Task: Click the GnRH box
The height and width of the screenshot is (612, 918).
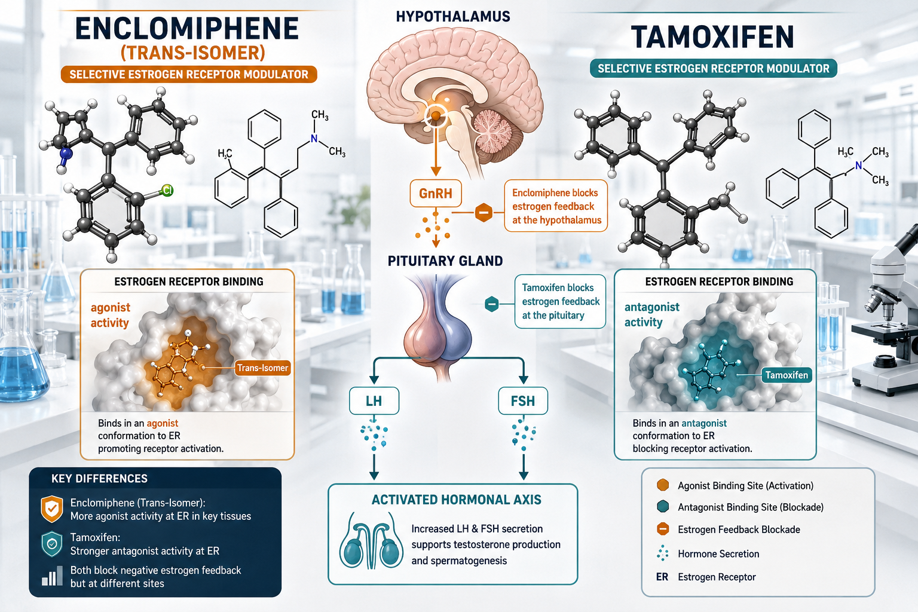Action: (x=436, y=193)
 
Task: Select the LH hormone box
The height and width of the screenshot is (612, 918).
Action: (x=374, y=400)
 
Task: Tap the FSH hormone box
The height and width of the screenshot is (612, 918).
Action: (x=523, y=400)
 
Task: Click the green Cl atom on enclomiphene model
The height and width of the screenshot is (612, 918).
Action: (x=167, y=190)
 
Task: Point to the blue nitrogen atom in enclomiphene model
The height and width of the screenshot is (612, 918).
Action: (x=66, y=154)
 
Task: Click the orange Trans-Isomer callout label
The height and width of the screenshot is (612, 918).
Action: (x=263, y=368)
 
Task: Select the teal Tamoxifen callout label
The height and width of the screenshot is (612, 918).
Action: (x=787, y=375)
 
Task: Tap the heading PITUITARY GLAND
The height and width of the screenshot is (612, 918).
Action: (x=445, y=261)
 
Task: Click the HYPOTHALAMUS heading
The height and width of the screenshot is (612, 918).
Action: (x=453, y=16)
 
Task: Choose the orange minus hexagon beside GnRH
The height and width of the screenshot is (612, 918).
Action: (x=484, y=213)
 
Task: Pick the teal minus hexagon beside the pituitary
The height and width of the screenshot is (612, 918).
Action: (x=492, y=304)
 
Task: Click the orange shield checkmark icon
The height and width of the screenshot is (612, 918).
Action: (x=51, y=509)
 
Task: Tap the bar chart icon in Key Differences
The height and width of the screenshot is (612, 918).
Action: (x=52, y=576)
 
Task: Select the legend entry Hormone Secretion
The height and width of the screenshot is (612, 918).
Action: (x=718, y=554)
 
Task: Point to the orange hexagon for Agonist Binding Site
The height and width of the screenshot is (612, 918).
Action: (x=663, y=485)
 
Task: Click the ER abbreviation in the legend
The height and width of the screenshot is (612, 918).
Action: (x=662, y=577)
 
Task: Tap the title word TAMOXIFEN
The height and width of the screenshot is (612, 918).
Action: (x=712, y=37)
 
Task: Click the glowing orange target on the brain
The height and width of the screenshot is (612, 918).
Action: (x=436, y=116)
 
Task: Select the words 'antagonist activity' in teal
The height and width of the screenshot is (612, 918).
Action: (x=651, y=314)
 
